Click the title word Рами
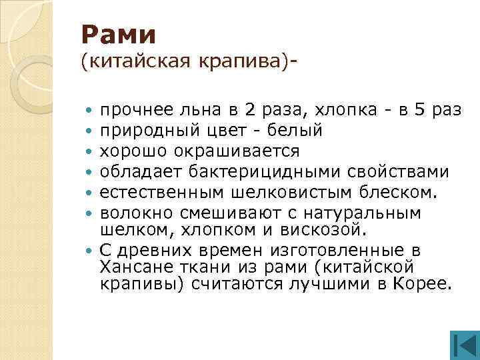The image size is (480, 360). point(118,33)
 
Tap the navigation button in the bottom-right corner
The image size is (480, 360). point(461,345)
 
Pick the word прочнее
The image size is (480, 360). point(132,109)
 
